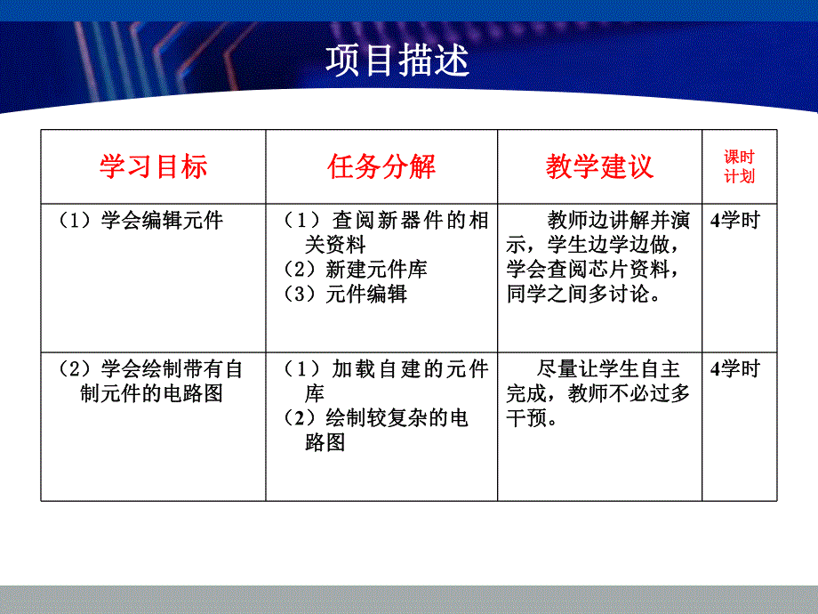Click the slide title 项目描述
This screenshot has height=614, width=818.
coord(397,61)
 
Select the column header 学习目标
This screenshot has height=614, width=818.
coord(153,166)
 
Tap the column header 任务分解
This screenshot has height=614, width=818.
coord(381,166)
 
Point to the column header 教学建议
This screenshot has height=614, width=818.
coord(599,166)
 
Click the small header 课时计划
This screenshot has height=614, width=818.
coord(739,166)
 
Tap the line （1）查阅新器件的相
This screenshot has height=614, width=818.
coord(387,221)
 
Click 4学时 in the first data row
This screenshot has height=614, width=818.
coord(735,221)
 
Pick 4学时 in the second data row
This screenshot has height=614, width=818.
coord(735,368)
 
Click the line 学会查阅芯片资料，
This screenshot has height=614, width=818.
coord(597,270)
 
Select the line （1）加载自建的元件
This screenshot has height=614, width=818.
coord(387,368)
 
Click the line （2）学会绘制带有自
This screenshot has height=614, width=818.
coord(149,368)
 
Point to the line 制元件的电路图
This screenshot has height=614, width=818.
coord(150,393)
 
